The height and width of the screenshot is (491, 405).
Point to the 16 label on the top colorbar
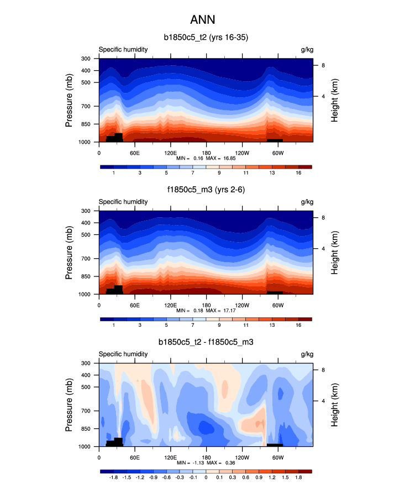(298, 174)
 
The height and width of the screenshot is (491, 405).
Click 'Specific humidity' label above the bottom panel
(123, 354)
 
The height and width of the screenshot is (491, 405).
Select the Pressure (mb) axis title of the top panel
(69, 100)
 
